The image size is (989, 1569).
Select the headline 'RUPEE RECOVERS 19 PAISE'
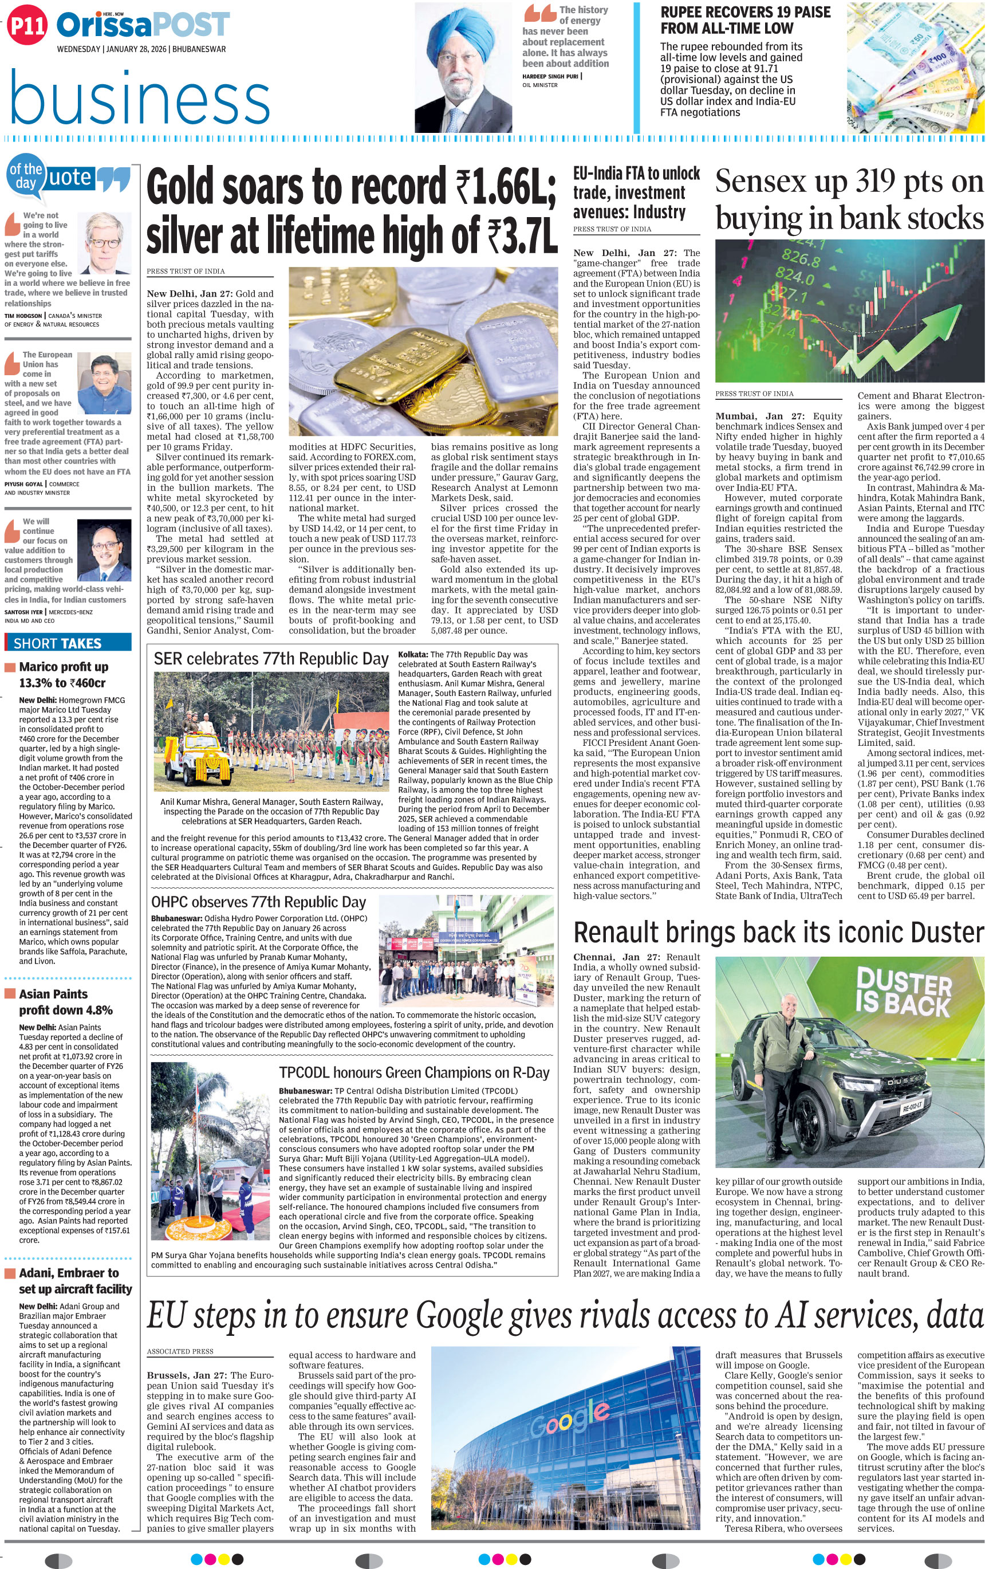tap(746, 13)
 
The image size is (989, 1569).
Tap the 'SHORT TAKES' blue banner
tap(57, 644)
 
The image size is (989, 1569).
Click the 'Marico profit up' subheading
tap(63, 667)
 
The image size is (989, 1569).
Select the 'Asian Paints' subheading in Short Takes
tap(53, 994)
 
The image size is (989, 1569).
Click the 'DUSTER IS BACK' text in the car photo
tap(903, 992)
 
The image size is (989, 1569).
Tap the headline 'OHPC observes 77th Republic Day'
tap(259, 902)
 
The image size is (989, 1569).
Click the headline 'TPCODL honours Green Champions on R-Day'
tap(413, 1072)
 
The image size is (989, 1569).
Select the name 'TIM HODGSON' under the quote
tap(24, 316)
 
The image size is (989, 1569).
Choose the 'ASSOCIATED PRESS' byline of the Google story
tap(180, 1351)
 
